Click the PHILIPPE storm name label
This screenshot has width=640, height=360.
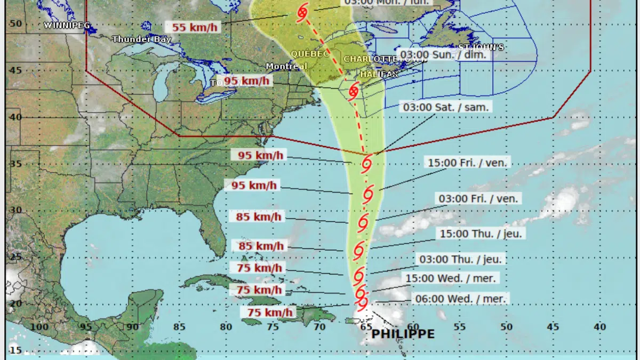coord(403,334)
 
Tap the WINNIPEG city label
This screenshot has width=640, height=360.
coord(67,25)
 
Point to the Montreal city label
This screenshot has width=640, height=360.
coord(287,67)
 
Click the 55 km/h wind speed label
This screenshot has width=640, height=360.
coord(195,27)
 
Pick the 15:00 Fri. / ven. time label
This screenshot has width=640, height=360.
coord(468,163)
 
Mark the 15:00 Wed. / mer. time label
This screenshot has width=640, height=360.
coord(451,278)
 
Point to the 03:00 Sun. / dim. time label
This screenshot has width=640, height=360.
coord(445,55)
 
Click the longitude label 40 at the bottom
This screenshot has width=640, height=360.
coord(599,327)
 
